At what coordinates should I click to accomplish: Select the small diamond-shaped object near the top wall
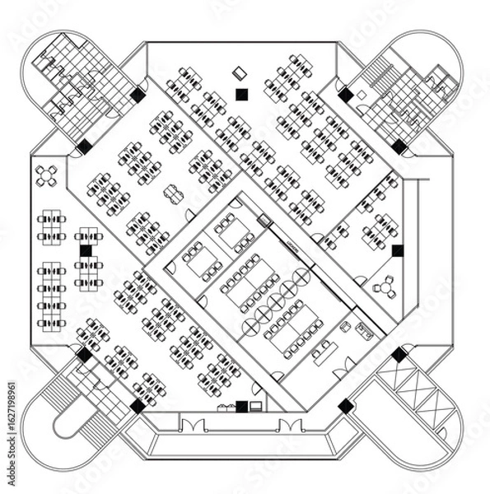point(240,72)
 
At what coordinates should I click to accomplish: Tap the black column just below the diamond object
point(241,94)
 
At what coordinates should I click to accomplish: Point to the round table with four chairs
point(48,175)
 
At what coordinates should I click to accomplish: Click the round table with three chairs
point(385,288)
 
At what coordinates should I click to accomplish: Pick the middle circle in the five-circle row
point(276,301)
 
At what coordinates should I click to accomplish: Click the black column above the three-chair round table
point(398,250)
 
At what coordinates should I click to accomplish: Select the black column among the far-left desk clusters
point(86,250)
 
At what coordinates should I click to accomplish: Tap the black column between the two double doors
point(241,406)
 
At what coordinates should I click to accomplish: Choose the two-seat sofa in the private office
point(362,332)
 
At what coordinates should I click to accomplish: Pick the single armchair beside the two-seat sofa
point(345,327)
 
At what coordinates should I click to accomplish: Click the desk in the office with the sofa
point(323,352)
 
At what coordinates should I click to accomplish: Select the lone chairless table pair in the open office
point(172,194)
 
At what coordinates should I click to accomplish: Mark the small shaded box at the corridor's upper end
point(264,220)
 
